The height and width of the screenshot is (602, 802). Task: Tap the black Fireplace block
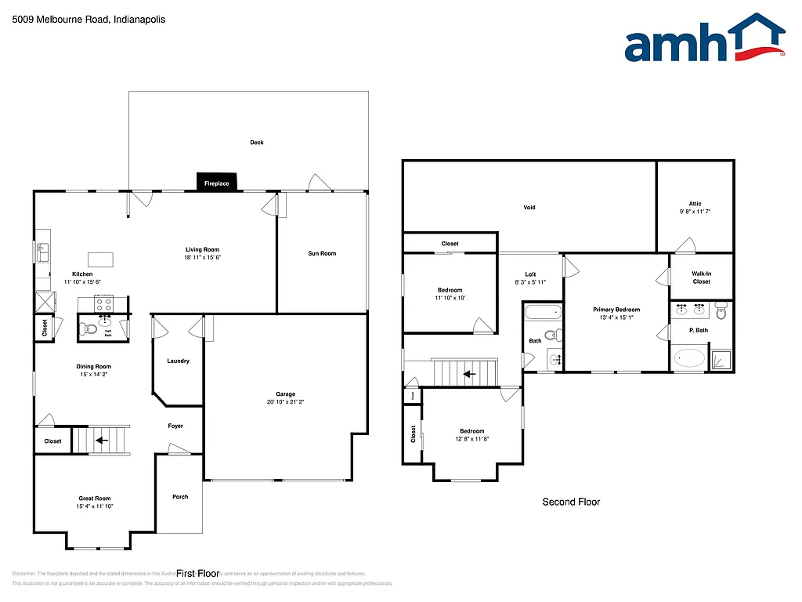point(217,182)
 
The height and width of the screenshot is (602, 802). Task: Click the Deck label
point(257,143)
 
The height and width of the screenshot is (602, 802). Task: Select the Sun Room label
point(322,253)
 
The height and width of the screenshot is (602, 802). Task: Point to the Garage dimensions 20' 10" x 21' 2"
point(285,402)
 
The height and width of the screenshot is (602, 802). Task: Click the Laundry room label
point(178,361)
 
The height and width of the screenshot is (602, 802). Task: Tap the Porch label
point(179,496)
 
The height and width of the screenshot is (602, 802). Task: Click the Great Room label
point(94,499)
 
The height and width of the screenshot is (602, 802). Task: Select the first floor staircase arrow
point(102,441)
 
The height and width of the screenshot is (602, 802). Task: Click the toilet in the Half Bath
point(89,328)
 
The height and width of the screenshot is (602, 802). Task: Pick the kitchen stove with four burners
point(104,303)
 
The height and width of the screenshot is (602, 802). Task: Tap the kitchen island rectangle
point(100,259)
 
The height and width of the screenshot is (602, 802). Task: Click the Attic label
point(695,204)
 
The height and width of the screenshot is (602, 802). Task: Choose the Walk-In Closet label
point(701,277)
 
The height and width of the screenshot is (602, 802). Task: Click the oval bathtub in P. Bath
point(690,359)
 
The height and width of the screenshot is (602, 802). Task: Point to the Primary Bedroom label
point(616,310)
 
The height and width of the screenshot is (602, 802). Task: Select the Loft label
point(530,274)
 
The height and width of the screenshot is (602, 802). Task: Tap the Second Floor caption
point(571,502)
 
